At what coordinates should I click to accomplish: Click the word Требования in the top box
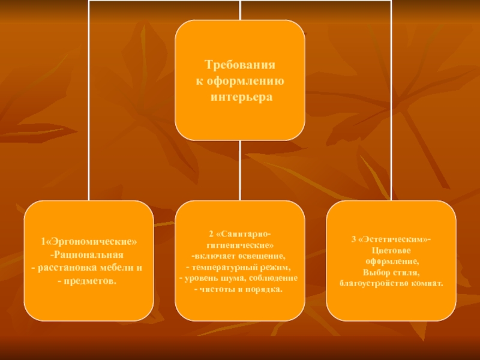pyautogui.click(x=239, y=65)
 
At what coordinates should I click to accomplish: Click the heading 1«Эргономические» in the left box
pyautogui.click(x=89, y=241)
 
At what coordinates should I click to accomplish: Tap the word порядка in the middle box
pyautogui.click(x=264, y=290)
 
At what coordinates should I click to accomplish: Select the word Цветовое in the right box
pyautogui.click(x=391, y=251)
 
